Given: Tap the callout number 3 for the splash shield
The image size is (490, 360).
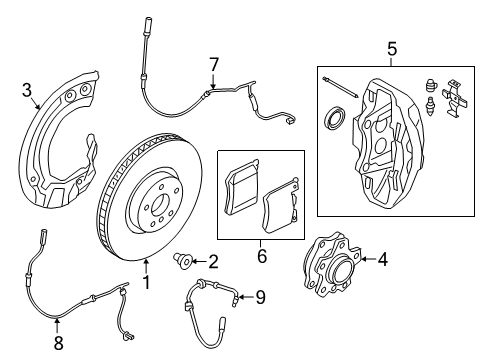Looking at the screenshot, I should (x=27, y=92).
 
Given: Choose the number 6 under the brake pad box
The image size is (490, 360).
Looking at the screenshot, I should (x=263, y=257).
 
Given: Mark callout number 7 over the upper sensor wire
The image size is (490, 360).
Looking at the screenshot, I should (x=212, y=65).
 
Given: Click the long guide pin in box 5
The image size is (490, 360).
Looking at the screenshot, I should (x=340, y=85).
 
